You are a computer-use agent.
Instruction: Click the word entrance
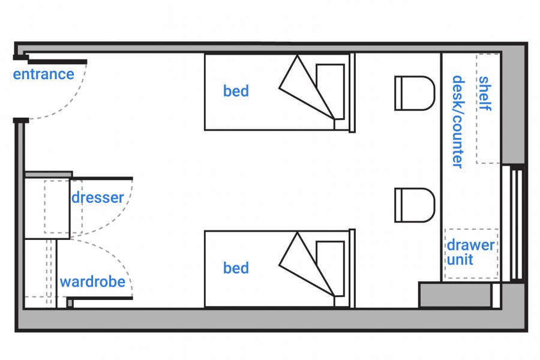click(x=44, y=74)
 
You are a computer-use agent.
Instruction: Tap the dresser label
click(x=98, y=197)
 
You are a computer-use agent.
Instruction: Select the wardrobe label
click(x=92, y=281)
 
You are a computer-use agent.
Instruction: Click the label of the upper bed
click(x=236, y=91)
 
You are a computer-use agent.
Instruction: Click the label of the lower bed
click(x=236, y=268)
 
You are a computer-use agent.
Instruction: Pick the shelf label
click(x=485, y=93)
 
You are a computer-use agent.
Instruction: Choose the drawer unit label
click(x=470, y=252)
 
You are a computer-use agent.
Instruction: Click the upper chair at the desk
click(x=414, y=93)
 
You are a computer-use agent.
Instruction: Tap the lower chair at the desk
click(x=414, y=205)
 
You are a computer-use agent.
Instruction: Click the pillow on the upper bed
click(x=331, y=90)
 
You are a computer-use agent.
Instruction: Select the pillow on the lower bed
click(x=331, y=267)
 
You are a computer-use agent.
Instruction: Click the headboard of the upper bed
click(x=353, y=92)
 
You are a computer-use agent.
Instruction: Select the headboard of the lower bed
click(x=353, y=269)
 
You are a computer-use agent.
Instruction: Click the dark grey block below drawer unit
click(x=455, y=295)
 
